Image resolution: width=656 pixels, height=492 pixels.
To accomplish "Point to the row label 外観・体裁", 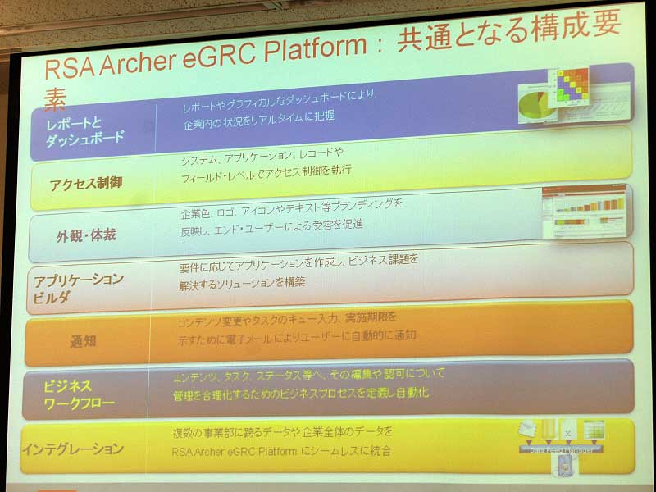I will [86, 235].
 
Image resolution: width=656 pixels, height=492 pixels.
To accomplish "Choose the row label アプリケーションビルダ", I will [78, 287].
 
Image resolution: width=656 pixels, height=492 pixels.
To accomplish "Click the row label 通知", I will [83, 339].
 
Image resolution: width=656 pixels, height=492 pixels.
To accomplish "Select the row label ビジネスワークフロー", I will [79, 392].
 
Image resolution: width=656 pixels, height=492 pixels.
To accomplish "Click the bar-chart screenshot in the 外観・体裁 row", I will [584, 212].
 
